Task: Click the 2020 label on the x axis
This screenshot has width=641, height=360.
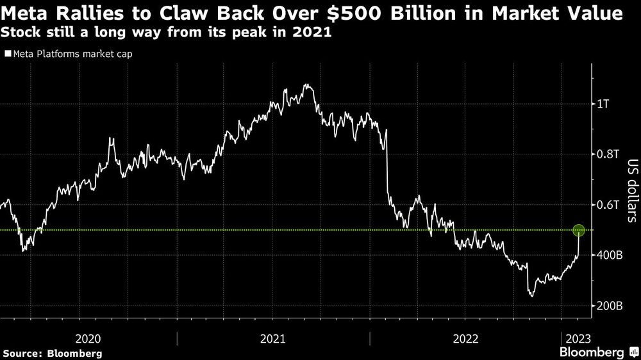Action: [x=88, y=338]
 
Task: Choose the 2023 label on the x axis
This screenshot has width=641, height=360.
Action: [x=577, y=338]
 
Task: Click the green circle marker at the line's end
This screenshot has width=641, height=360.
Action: [x=579, y=230]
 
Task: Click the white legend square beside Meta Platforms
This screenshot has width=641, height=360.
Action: [x=7, y=54]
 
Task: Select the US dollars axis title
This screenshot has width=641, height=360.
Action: [x=631, y=191]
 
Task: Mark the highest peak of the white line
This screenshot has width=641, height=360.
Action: [x=306, y=85]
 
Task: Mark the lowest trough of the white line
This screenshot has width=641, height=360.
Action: [x=531, y=296]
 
